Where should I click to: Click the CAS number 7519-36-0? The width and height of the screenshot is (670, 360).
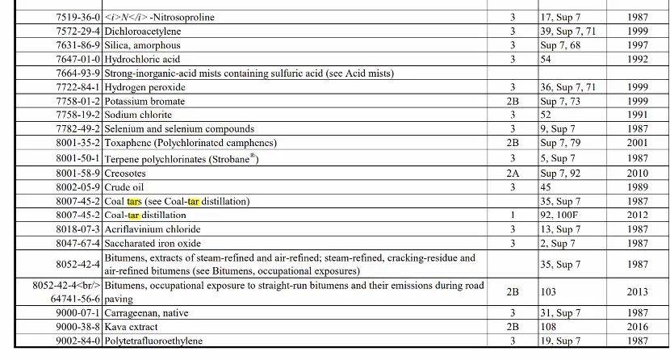tap(78, 17)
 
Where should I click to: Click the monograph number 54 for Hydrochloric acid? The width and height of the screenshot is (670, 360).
tap(546, 59)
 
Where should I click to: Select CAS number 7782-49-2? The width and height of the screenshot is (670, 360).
tap(78, 129)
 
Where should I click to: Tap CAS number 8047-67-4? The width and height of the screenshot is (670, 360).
tap(78, 243)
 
